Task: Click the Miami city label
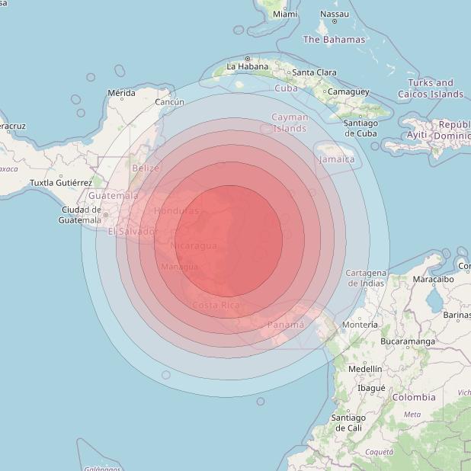(285, 14)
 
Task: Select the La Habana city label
(248, 66)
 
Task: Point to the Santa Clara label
(315, 72)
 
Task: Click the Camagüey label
(348, 91)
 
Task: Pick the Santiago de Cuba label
(360, 128)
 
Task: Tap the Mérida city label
(121, 93)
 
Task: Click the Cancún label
(169, 101)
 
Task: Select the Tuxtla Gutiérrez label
(61, 183)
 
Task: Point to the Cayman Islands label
(290, 123)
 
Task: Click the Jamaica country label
(336, 159)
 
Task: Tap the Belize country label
(145, 168)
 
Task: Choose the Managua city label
(180, 267)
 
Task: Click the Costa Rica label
(216, 306)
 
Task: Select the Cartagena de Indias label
(365, 277)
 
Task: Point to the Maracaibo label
(433, 279)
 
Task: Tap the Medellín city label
(364, 368)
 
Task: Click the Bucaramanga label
(408, 341)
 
